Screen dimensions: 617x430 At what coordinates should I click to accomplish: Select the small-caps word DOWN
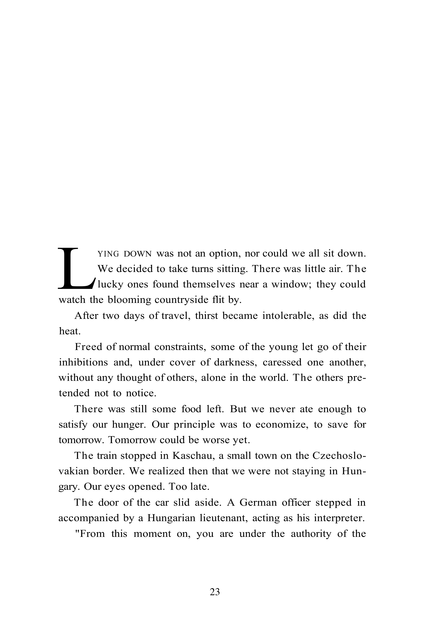(x=138, y=254)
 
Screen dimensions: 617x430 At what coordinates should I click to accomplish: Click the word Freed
(x=87, y=347)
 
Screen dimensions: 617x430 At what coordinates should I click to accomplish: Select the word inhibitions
(x=83, y=362)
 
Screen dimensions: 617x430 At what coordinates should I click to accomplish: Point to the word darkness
(x=236, y=362)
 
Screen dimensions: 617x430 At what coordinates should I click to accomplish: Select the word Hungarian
(x=171, y=518)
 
